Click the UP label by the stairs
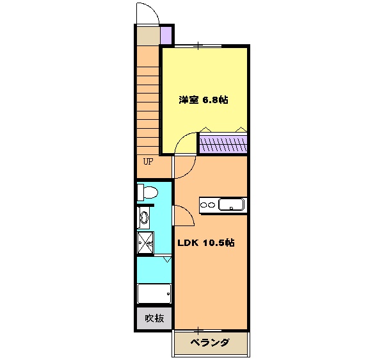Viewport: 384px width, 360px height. (148, 161)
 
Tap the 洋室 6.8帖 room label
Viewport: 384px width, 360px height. (204, 100)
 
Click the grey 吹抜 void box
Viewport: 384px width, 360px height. (154, 318)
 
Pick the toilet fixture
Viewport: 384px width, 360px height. (148, 192)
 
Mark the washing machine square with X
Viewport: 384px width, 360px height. (145, 241)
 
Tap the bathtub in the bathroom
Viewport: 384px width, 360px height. (154, 293)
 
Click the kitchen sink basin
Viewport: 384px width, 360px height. (230, 205)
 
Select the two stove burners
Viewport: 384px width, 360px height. (209, 205)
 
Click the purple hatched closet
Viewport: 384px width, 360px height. (223, 143)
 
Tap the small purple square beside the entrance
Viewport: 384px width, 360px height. (166, 35)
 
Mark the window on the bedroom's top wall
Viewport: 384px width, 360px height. (200, 45)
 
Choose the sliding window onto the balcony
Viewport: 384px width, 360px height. (200, 330)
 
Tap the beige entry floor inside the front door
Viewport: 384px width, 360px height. (147, 35)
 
